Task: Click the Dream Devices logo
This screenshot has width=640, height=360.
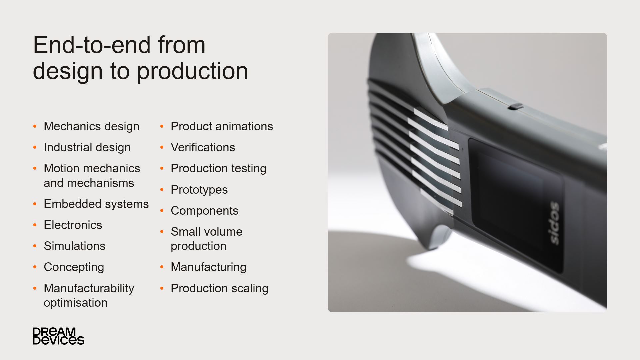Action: click(58, 336)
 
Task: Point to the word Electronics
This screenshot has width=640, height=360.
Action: click(73, 225)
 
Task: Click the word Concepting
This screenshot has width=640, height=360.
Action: click(74, 267)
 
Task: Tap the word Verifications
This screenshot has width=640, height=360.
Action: click(203, 147)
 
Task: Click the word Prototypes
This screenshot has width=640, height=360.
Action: click(199, 190)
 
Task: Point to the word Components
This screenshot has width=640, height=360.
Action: click(204, 211)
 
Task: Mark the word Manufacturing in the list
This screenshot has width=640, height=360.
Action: click(208, 267)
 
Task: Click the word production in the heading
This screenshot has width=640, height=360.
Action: click(192, 72)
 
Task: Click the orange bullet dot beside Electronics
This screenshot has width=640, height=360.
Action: click(35, 225)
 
